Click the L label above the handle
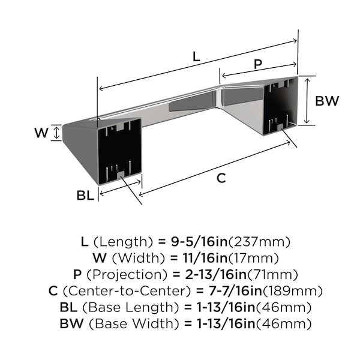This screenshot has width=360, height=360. point(196,57)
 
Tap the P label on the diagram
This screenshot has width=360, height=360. point(258,64)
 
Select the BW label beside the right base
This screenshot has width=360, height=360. point(327,101)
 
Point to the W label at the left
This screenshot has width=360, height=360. point(41,133)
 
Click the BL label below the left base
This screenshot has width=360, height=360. point(85,196)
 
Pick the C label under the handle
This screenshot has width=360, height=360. point(221,178)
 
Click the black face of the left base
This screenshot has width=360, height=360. point(119,152)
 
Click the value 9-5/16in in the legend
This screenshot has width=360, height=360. point(199,242)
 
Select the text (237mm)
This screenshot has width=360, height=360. point(259,242)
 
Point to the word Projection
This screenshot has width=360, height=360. point(127,275)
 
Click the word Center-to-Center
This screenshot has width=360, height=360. point(127,291)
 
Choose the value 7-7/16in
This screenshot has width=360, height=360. point(235,291)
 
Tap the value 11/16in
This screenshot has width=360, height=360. point(205,258)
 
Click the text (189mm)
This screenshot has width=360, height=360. point(293,291)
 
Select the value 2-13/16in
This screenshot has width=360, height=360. point(215,275)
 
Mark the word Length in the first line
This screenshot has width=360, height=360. point(123,242)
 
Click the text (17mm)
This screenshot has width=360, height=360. point(253,258)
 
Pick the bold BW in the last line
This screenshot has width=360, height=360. point(71,324)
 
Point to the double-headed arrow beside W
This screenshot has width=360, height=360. point(56,133)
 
